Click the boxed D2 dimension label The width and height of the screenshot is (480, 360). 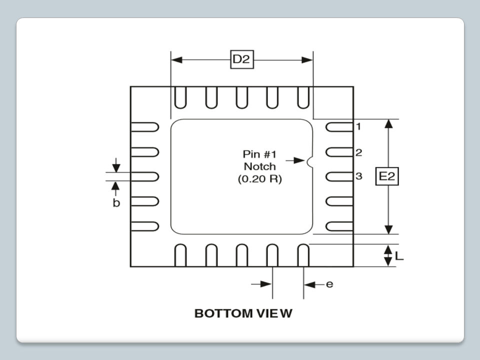coord(241,59)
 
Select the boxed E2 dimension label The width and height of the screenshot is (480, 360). coord(387,176)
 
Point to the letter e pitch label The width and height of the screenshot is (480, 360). coord(329,284)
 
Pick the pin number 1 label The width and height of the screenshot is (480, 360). coord(358,126)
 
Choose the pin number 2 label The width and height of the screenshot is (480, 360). coord(358,152)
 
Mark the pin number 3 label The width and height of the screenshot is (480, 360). coord(358,176)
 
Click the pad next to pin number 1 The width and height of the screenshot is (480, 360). coord(339,127)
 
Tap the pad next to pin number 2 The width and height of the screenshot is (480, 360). coord(339,152)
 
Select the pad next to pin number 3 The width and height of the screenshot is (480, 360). coord(339,176)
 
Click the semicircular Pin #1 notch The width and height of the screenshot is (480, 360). coord(310,160)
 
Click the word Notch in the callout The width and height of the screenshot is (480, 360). coord(259,166)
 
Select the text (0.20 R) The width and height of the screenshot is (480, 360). coord(259,179)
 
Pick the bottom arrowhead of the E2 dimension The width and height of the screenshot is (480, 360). coord(388,229)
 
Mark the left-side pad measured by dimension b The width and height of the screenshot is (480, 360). coord(145,176)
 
